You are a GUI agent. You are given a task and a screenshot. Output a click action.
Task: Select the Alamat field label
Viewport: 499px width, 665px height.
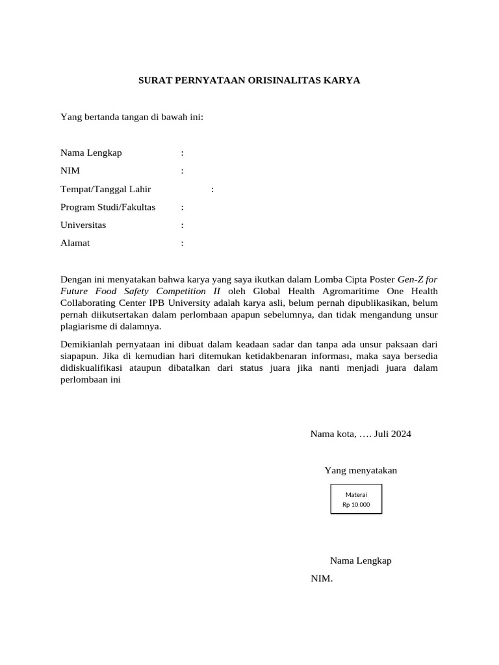pos(75,244)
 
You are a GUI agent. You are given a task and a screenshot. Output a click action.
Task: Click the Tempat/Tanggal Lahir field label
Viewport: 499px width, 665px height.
pos(105,189)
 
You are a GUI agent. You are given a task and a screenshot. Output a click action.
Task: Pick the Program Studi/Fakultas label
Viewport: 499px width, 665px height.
pos(108,207)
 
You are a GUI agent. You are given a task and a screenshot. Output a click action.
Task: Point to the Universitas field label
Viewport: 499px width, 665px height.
pos(83,225)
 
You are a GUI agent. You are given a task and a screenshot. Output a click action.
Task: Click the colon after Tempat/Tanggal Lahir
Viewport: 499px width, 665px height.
pos(212,190)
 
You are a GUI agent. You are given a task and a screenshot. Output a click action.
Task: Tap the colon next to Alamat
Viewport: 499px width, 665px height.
pos(183,244)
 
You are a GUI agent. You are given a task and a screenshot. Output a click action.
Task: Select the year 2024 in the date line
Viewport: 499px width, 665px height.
pos(400,434)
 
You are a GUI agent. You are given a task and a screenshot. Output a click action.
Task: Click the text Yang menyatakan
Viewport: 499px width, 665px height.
pos(361,470)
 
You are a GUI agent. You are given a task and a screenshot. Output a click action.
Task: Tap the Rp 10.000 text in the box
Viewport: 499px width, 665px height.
pos(356,505)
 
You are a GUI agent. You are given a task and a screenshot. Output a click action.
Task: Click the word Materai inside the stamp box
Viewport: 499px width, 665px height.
pos(356,494)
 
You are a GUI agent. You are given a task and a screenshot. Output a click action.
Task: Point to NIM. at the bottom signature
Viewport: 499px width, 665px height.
pos(322,579)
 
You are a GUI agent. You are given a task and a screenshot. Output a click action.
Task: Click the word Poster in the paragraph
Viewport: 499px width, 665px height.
pos(379,279)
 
